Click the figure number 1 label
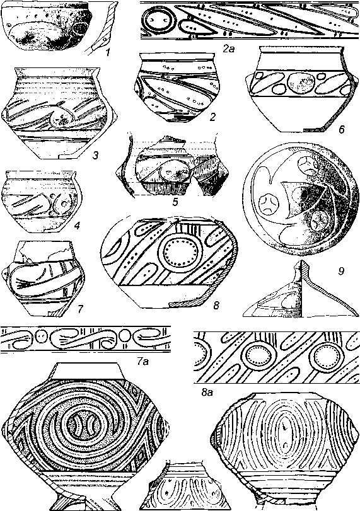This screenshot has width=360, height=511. pos(108,51)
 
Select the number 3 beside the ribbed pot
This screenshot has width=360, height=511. pos(95,156)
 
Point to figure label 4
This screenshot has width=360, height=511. pos(77,225)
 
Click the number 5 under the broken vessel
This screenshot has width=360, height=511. pos(175,202)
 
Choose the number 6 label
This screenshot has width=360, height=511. pos(341,129)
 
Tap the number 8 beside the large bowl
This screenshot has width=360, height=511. pos(216,306)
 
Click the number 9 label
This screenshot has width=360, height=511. pos(341,271)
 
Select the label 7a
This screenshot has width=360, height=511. pos(143,361)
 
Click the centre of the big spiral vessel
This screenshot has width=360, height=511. pos(81,424)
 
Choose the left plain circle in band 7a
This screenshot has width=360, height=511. pos(42,336)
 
